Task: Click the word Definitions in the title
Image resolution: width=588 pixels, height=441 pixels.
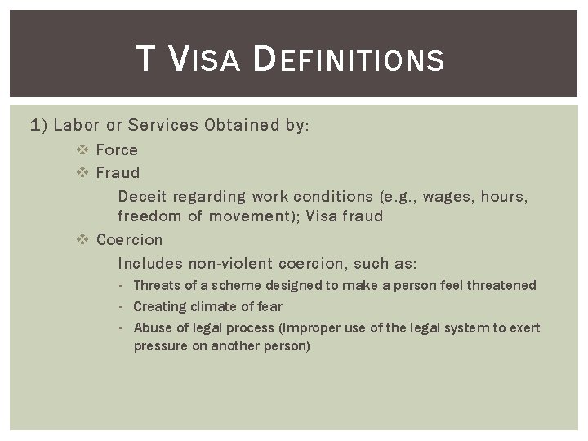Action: pos(349,60)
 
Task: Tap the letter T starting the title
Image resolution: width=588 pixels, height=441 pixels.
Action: pos(145,60)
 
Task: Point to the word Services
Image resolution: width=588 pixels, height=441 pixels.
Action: pos(163,125)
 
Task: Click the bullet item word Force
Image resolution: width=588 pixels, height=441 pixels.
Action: pos(117,149)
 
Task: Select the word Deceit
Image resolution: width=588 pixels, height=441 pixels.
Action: pos(140,196)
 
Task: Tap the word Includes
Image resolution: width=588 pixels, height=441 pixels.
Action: pos(150,264)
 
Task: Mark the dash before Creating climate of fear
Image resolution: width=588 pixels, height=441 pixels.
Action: pos(120,306)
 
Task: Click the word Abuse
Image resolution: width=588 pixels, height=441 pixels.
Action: pos(150,327)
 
